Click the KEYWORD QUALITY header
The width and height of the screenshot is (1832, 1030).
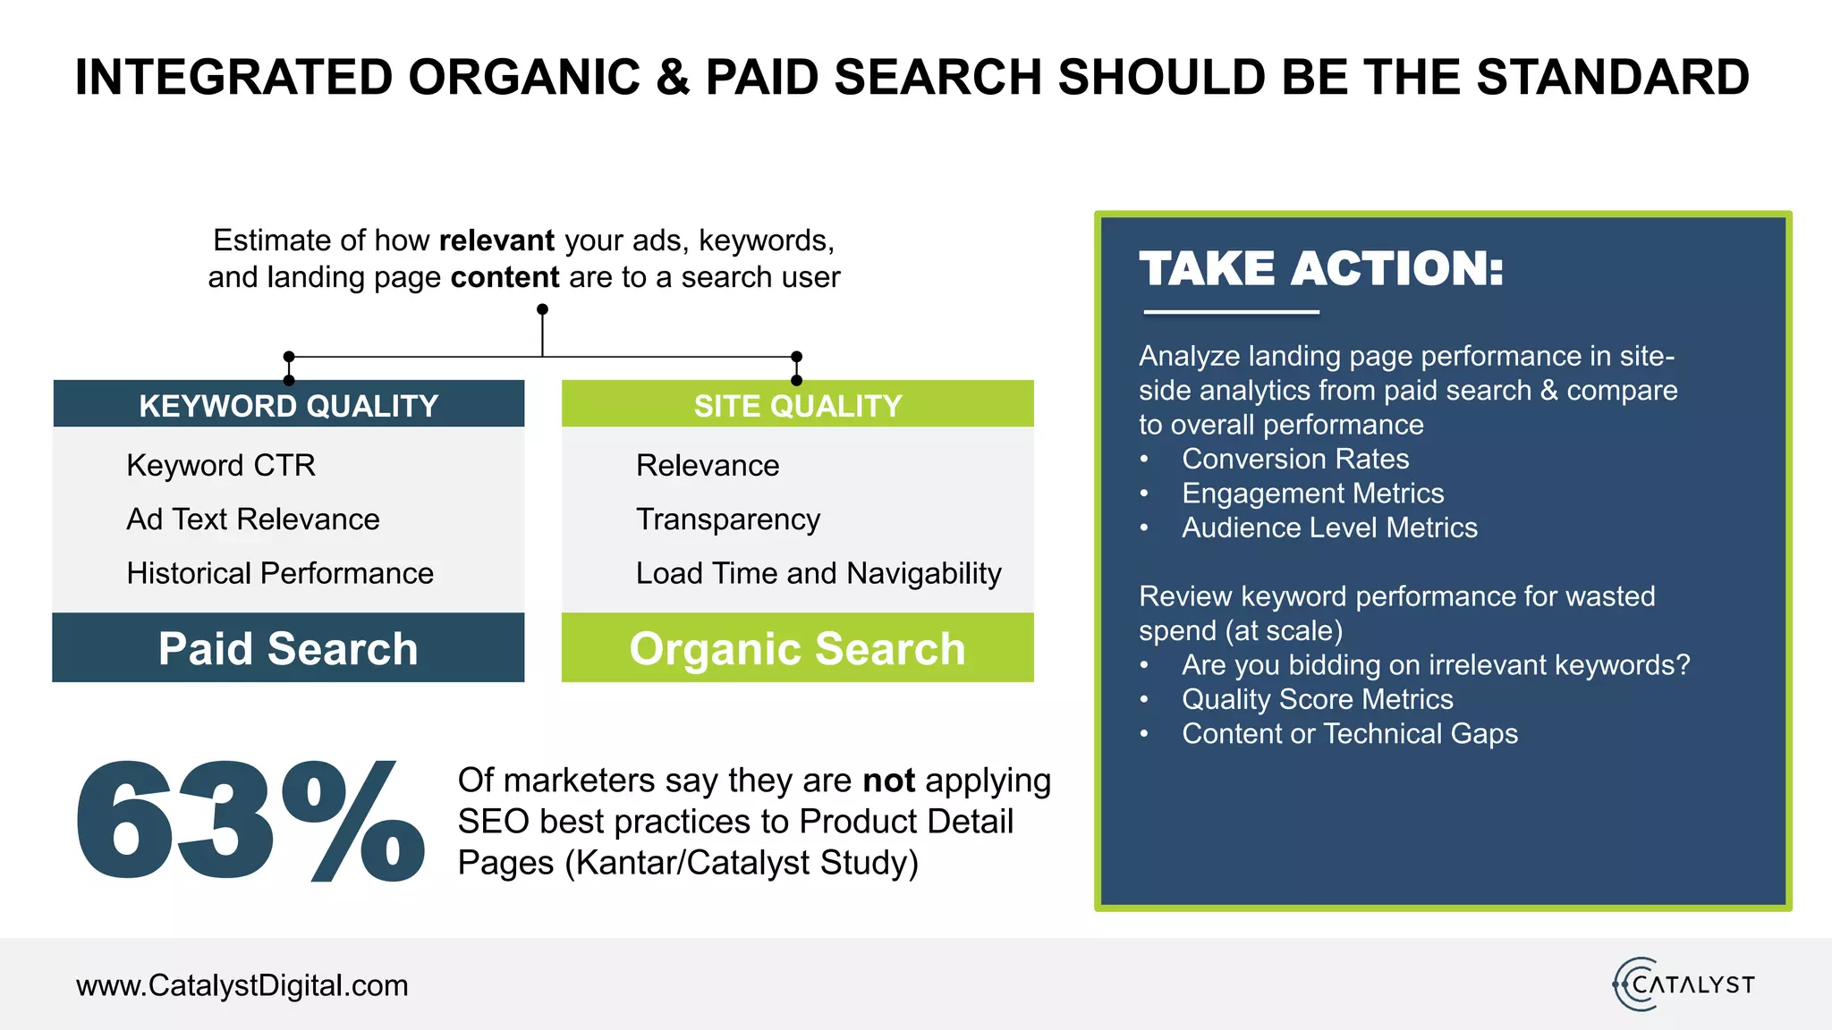288,406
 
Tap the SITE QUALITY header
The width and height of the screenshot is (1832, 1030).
797,406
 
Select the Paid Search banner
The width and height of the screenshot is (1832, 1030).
288,648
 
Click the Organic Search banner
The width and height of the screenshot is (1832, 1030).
797,648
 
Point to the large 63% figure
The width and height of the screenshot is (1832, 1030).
250,821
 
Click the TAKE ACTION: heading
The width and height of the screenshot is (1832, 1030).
1321,268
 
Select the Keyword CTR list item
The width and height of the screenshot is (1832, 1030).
221,465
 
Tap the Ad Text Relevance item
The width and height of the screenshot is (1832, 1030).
253,519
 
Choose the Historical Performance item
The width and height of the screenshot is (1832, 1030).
280,573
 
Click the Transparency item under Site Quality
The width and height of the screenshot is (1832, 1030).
727,519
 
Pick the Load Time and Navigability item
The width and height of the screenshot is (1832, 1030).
818,573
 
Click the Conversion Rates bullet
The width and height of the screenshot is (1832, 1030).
1294,459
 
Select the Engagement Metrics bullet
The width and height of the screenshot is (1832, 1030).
1312,494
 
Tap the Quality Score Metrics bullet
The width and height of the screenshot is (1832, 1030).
1317,699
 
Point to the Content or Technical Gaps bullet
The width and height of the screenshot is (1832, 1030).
1349,734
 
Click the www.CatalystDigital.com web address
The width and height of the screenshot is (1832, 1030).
242,985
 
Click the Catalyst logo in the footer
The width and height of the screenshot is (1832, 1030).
1684,984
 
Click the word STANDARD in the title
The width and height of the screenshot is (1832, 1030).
1612,77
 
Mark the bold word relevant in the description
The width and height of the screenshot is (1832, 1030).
496,241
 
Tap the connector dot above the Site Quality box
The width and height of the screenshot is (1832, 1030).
797,357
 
